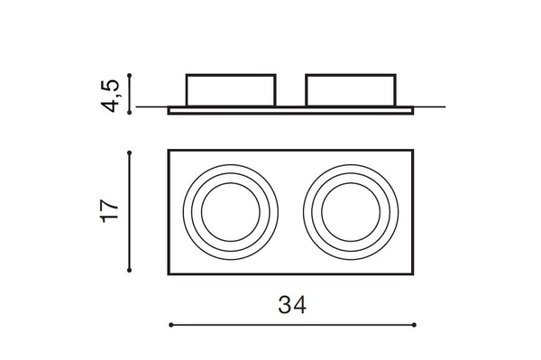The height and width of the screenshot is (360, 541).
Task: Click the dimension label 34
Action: (292, 305)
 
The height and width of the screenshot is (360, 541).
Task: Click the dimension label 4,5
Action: (110, 94)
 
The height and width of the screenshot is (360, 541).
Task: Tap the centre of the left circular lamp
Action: (232, 212)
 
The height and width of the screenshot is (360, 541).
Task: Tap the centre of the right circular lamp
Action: (350, 212)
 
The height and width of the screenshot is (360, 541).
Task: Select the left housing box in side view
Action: (231, 90)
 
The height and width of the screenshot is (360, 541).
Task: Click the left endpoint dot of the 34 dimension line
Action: (170, 323)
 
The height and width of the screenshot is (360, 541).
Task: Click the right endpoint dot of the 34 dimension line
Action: (416, 323)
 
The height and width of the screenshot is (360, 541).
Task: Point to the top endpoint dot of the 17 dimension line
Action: (133, 151)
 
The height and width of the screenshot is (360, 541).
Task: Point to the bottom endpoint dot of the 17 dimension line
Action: (133, 268)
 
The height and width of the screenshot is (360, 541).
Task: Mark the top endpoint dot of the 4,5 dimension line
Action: (133, 75)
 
